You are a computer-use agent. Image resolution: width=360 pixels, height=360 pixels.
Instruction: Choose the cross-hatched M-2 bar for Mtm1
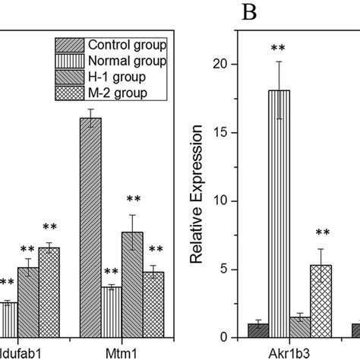[x=153, y=305]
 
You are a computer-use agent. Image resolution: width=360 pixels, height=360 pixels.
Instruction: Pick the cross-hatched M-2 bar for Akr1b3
[x=322, y=301]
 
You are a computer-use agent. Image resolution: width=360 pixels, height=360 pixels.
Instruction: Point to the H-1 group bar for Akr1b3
[x=302, y=327]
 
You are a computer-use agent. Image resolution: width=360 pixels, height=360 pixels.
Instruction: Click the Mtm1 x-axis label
[x=122, y=352]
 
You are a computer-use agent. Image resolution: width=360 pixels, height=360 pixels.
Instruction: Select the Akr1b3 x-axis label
[x=290, y=352]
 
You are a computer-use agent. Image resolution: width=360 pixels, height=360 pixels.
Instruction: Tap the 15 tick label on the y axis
[x=221, y=133]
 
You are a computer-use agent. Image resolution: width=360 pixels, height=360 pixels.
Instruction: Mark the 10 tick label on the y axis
[x=221, y=201]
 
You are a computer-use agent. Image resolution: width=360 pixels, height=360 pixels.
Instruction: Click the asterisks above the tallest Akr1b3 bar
[x=281, y=49]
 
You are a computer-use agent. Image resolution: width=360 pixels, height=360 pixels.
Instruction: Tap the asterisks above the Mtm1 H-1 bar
[x=133, y=200]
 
